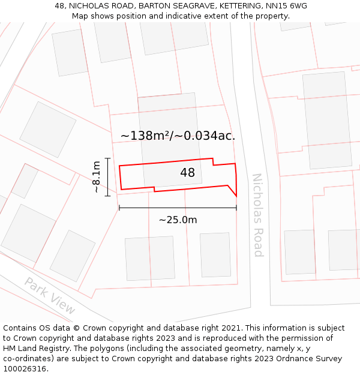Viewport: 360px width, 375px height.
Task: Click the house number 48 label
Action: pos(187,173)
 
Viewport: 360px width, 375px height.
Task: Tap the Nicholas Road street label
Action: pos(257,215)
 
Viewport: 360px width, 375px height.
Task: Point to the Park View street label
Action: pos(50,296)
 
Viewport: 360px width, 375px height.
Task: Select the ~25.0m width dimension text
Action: pos(178,220)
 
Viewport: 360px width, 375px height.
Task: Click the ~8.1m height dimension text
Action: pos(96,176)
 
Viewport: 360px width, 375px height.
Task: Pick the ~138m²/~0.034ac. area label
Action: pos(178,136)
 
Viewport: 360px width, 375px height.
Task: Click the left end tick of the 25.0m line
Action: pos(119,208)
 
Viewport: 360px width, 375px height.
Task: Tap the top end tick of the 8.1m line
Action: pos(107,158)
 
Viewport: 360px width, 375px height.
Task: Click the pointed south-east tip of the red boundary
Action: pos(236,196)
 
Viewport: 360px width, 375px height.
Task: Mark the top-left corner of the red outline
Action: pos(119,166)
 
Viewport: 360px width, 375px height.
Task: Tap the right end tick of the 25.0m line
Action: pos(236,208)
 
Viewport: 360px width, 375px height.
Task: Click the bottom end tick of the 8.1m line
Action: pos(107,196)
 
